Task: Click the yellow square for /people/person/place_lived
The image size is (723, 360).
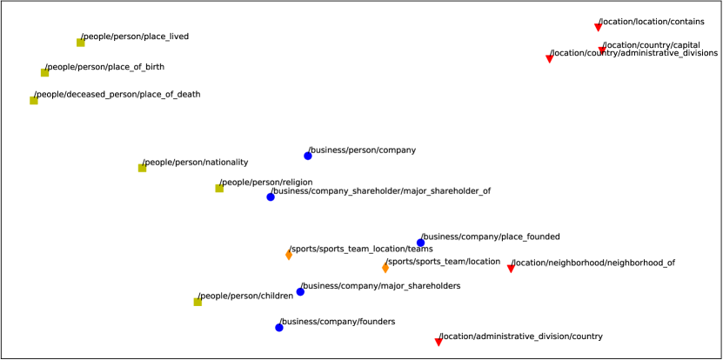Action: pyautogui.click(x=81, y=42)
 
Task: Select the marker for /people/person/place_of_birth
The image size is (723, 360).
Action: pyautogui.click(x=45, y=72)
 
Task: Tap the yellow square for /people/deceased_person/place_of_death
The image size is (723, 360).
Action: pyautogui.click(x=34, y=100)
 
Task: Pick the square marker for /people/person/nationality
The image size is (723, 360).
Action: pyautogui.click(x=143, y=168)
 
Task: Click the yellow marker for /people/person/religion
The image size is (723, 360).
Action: pyautogui.click(x=220, y=188)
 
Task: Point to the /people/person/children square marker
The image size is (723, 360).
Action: pyautogui.click(x=197, y=302)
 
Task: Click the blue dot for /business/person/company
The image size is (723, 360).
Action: pyautogui.click(x=308, y=156)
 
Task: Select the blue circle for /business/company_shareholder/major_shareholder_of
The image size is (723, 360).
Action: pyautogui.click(x=271, y=197)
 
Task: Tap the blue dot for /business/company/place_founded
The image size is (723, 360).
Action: pyautogui.click(x=421, y=243)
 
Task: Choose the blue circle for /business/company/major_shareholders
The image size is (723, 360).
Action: pyautogui.click(x=300, y=291)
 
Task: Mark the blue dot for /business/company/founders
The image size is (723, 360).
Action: pyautogui.click(x=279, y=327)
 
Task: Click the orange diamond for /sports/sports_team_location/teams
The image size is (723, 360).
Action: pyautogui.click(x=289, y=255)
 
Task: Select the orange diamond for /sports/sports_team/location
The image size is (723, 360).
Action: pyautogui.click(x=385, y=267)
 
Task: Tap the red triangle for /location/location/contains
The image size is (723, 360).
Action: pyautogui.click(x=598, y=28)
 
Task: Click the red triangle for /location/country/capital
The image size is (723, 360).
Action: pyautogui.click(x=602, y=50)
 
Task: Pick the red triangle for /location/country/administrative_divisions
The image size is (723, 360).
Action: pyautogui.click(x=549, y=59)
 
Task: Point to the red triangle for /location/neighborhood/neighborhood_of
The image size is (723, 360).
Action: pyautogui.click(x=511, y=269)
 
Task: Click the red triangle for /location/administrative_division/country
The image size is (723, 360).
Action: pyautogui.click(x=438, y=342)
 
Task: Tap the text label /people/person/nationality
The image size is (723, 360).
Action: pyautogui.click(x=196, y=163)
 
